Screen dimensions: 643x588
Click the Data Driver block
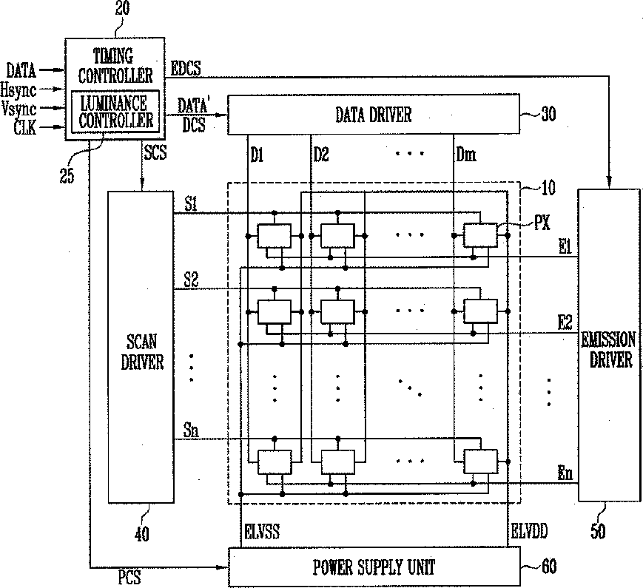[x=374, y=115]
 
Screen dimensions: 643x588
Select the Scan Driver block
[x=141, y=347]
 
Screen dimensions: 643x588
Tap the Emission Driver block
[x=609, y=345]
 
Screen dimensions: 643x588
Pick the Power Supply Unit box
[x=374, y=567]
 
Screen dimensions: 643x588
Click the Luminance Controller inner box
[x=115, y=112]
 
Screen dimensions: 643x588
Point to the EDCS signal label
[x=186, y=69]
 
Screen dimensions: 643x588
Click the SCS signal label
[x=155, y=152]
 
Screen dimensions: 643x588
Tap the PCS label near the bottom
[x=129, y=578]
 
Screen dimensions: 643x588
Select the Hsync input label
[x=18, y=90]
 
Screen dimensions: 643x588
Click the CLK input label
[x=25, y=128]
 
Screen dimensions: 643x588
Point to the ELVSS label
[x=262, y=532]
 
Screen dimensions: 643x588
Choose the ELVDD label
[x=529, y=531]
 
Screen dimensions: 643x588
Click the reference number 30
[x=548, y=114]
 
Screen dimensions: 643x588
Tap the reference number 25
[x=67, y=175]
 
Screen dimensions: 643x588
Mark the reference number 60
[x=549, y=567]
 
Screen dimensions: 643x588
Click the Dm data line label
[x=466, y=155]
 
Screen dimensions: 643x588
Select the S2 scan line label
[x=191, y=280]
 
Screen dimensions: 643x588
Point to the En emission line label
[x=565, y=473]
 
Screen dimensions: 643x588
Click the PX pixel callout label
[x=542, y=223]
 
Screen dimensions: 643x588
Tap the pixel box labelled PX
[x=480, y=235]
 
